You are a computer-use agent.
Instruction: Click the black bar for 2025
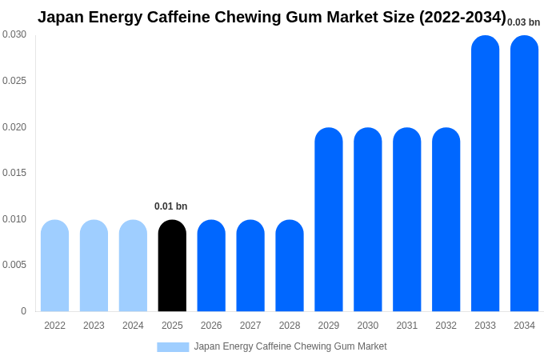(x=172, y=266)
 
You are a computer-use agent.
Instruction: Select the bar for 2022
(x=54, y=266)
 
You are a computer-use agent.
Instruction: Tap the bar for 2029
(x=328, y=220)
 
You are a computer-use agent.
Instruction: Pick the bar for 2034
(x=524, y=174)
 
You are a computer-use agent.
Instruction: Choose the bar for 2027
(x=250, y=266)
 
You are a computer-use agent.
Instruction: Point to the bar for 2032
(x=446, y=220)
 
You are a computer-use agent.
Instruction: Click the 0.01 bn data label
(x=170, y=206)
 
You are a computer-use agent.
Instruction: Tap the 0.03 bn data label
(x=523, y=22)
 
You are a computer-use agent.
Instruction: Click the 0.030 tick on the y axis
(x=14, y=34)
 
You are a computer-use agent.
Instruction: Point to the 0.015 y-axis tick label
(x=14, y=173)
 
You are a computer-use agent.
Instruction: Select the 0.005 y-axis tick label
(x=14, y=265)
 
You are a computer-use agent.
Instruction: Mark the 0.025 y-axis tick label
(x=14, y=81)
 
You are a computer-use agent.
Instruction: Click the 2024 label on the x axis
(x=133, y=326)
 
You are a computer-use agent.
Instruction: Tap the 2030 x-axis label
(x=367, y=326)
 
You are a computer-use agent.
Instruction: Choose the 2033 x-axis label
(x=485, y=326)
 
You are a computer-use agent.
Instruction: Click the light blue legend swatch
(x=173, y=347)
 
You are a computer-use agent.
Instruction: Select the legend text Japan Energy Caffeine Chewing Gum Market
(x=290, y=346)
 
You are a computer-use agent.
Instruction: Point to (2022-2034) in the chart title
(x=462, y=17)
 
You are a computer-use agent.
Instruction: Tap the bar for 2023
(x=94, y=266)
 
